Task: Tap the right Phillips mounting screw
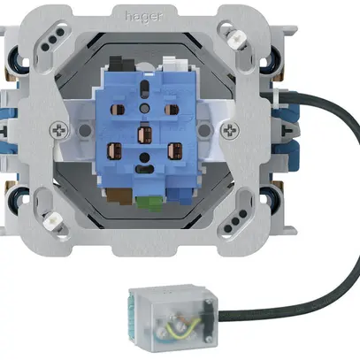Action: click(x=232, y=129)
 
